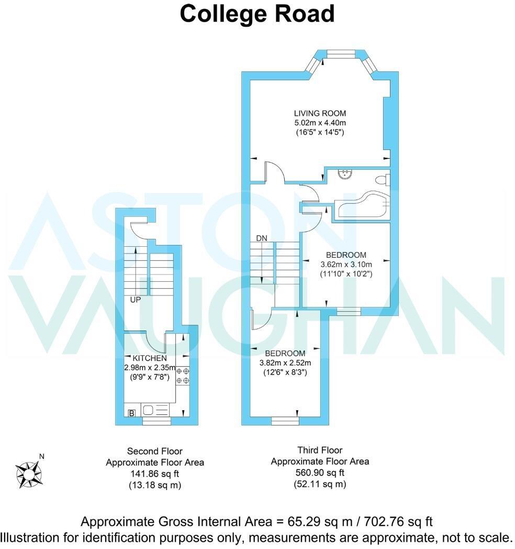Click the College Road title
tap(257, 14)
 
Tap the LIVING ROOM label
tap(320, 113)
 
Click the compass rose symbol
tap(29, 473)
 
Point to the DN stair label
tap(262, 238)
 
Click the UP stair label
tap(136, 300)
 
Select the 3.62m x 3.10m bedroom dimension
tap(346, 265)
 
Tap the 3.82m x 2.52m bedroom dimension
tap(285, 363)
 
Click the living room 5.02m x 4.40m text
tap(320, 123)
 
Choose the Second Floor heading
tap(155, 451)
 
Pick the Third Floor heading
tap(320, 450)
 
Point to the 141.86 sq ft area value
tap(155, 474)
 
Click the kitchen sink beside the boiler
tap(148, 410)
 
